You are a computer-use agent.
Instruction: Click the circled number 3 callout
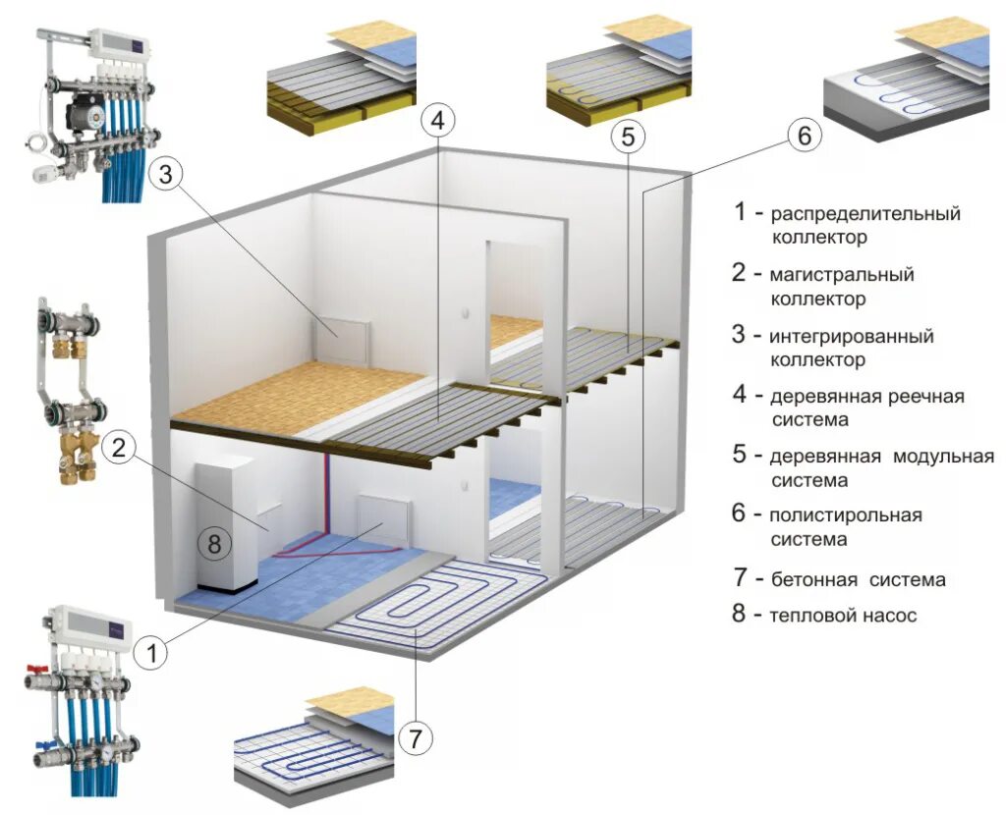pyautogui.click(x=166, y=175)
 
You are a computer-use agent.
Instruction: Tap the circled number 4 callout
pyautogui.click(x=438, y=121)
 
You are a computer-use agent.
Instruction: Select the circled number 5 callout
pyautogui.click(x=629, y=137)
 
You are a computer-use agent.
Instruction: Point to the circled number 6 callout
pyautogui.click(x=803, y=136)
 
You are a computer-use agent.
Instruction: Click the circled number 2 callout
pyautogui.click(x=118, y=448)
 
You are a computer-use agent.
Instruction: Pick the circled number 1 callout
pyautogui.click(x=149, y=651)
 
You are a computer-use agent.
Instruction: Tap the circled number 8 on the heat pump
pyautogui.click(x=216, y=541)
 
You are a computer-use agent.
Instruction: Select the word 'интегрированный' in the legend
pyautogui.click(x=851, y=336)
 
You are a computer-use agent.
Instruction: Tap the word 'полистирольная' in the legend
pyautogui.click(x=846, y=515)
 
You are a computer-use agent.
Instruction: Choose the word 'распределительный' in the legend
pyautogui.click(x=865, y=213)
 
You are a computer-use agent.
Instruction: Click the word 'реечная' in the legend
pyautogui.click(x=924, y=397)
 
